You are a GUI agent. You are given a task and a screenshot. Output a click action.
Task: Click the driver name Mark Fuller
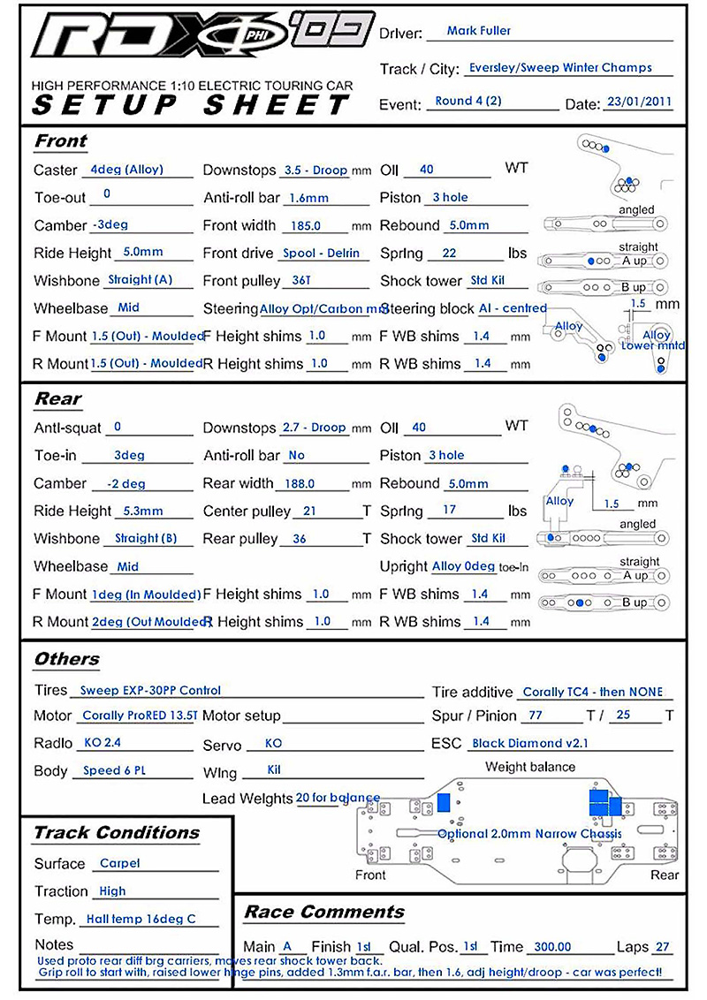pos(478,31)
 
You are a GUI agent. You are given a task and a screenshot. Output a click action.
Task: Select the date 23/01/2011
pos(638,102)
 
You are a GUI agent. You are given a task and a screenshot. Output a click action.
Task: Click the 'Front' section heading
pos(61,141)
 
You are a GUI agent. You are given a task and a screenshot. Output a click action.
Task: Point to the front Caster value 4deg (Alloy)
pos(127,170)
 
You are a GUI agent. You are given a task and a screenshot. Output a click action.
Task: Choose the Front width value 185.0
pos(305,225)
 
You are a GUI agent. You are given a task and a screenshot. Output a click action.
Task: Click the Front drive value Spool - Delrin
pos(321,253)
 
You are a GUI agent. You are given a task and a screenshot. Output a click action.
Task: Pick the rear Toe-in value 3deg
pos(129,455)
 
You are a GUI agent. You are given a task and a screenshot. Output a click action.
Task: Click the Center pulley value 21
pos(309,511)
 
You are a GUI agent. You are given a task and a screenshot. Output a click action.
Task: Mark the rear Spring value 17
pos(449,510)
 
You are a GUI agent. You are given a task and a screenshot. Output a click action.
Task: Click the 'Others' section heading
pos(66,659)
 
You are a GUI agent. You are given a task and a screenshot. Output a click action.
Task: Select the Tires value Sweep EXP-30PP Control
pos(150,691)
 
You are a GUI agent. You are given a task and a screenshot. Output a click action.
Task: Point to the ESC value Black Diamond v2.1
pos(529,744)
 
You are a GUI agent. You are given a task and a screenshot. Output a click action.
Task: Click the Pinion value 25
pos(623,715)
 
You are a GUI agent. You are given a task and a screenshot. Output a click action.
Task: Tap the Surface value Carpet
pos(119,863)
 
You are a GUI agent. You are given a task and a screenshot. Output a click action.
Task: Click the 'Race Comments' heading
pos(323,912)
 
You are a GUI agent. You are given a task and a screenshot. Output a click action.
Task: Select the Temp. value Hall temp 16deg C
pos(141,919)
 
